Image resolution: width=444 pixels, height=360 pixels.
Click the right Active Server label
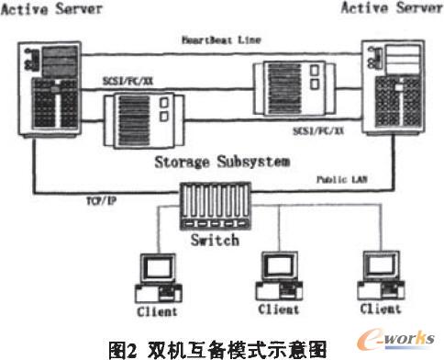pos(393,8)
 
